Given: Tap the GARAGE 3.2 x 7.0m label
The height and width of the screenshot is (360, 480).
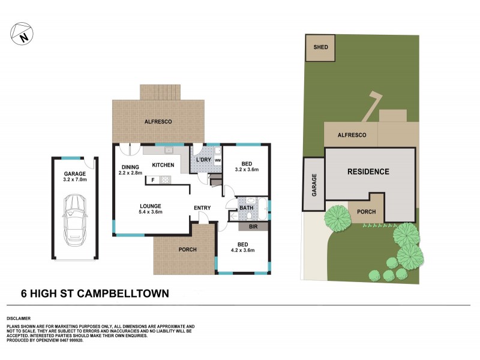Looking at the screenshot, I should (75, 176).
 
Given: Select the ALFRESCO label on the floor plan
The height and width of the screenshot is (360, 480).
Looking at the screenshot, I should (158, 122).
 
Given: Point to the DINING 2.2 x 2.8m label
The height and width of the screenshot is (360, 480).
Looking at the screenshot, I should (130, 170).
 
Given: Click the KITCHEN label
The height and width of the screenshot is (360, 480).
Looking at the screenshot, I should (163, 165).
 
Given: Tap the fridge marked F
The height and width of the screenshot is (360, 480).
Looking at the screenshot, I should (153, 179).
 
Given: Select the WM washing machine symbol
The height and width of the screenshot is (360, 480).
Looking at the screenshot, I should (217, 161).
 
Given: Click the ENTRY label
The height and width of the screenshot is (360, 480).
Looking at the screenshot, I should (202, 208).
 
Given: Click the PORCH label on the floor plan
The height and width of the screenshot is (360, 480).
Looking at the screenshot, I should (188, 250).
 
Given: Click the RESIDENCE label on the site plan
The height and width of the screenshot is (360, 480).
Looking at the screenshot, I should (368, 172).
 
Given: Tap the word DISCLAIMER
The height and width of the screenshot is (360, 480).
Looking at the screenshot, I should (19, 318).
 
